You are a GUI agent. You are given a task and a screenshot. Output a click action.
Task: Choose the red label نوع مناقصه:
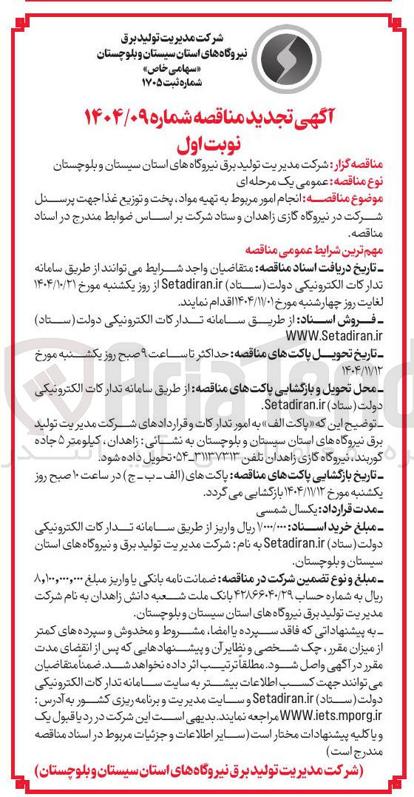(x=367, y=180)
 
